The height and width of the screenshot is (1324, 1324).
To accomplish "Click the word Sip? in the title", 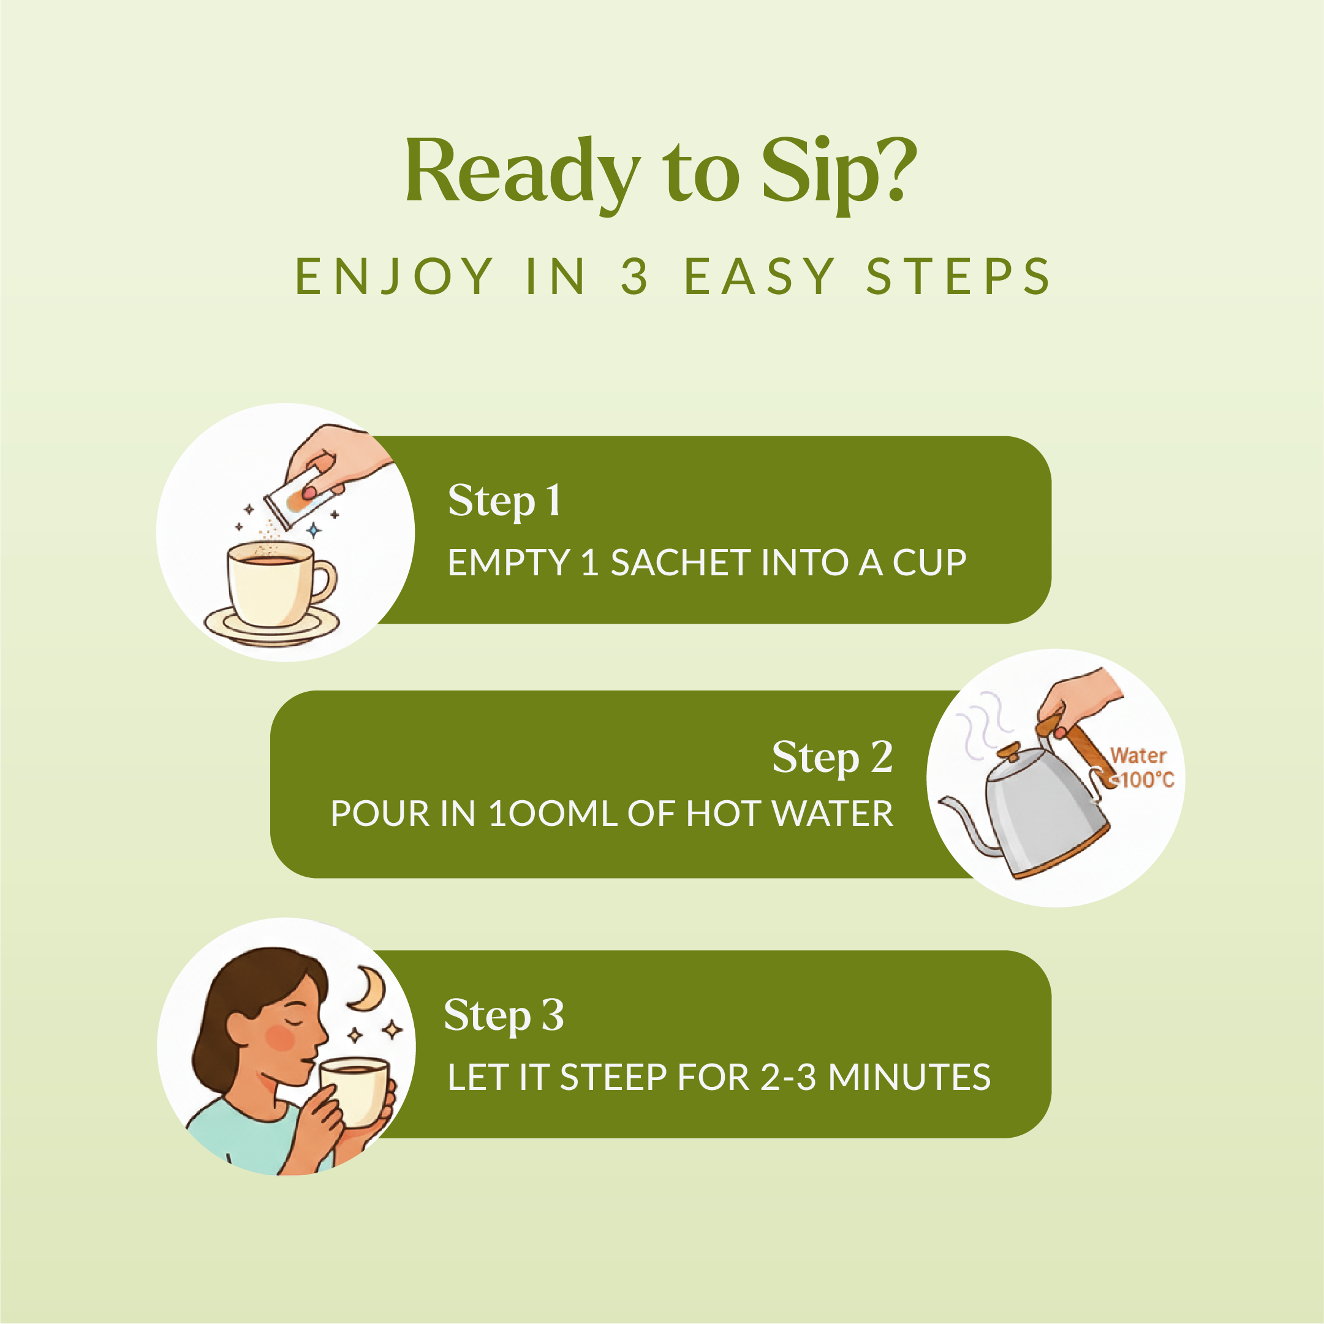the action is click(x=839, y=173).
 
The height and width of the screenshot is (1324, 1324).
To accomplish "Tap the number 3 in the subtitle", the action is click(x=635, y=276).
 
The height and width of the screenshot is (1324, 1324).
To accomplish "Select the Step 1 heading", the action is click(x=504, y=501).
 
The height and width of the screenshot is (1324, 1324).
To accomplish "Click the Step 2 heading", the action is click(x=833, y=757).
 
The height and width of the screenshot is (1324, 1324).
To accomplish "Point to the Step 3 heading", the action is click(x=504, y=1015).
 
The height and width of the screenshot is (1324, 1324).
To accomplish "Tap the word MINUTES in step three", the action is click(x=909, y=1077).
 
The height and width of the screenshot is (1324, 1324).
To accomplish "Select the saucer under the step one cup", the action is click(x=271, y=626).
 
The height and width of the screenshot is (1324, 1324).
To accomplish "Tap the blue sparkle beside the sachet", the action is click(x=314, y=530).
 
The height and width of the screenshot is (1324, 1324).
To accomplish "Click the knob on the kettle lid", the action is click(x=1008, y=751).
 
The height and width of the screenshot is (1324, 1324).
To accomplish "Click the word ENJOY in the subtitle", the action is click(x=394, y=277).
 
